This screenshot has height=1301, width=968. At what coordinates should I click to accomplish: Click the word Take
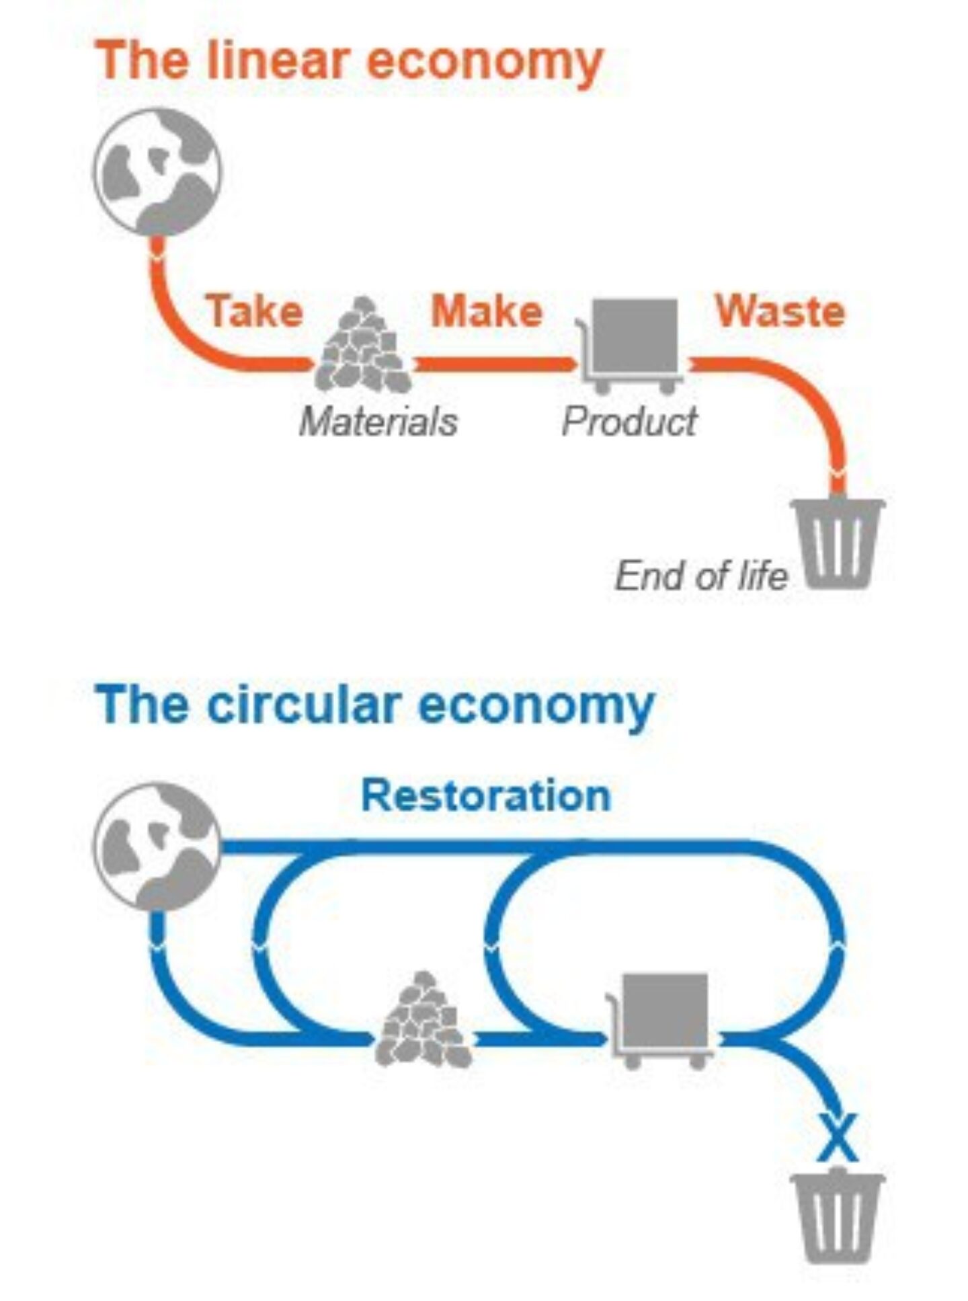click(x=255, y=311)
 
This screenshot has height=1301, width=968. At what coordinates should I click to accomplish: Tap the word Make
click(x=486, y=311)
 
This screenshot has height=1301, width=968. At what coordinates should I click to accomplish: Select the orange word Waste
click(x=780, y=311)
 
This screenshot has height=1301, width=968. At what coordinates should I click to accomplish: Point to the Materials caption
click(x=378, y=422)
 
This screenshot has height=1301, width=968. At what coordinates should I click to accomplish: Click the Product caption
click(x=629, y=422)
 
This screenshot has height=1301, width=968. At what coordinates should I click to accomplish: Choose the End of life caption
click(x=700, y=576)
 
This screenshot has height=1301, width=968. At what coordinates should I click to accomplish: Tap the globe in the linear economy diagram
click(x=157, y=172)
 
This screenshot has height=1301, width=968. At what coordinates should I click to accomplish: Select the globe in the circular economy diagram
click(x=157, y=846)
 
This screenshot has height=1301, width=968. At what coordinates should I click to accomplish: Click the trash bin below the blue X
click(x=838, y=1217)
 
